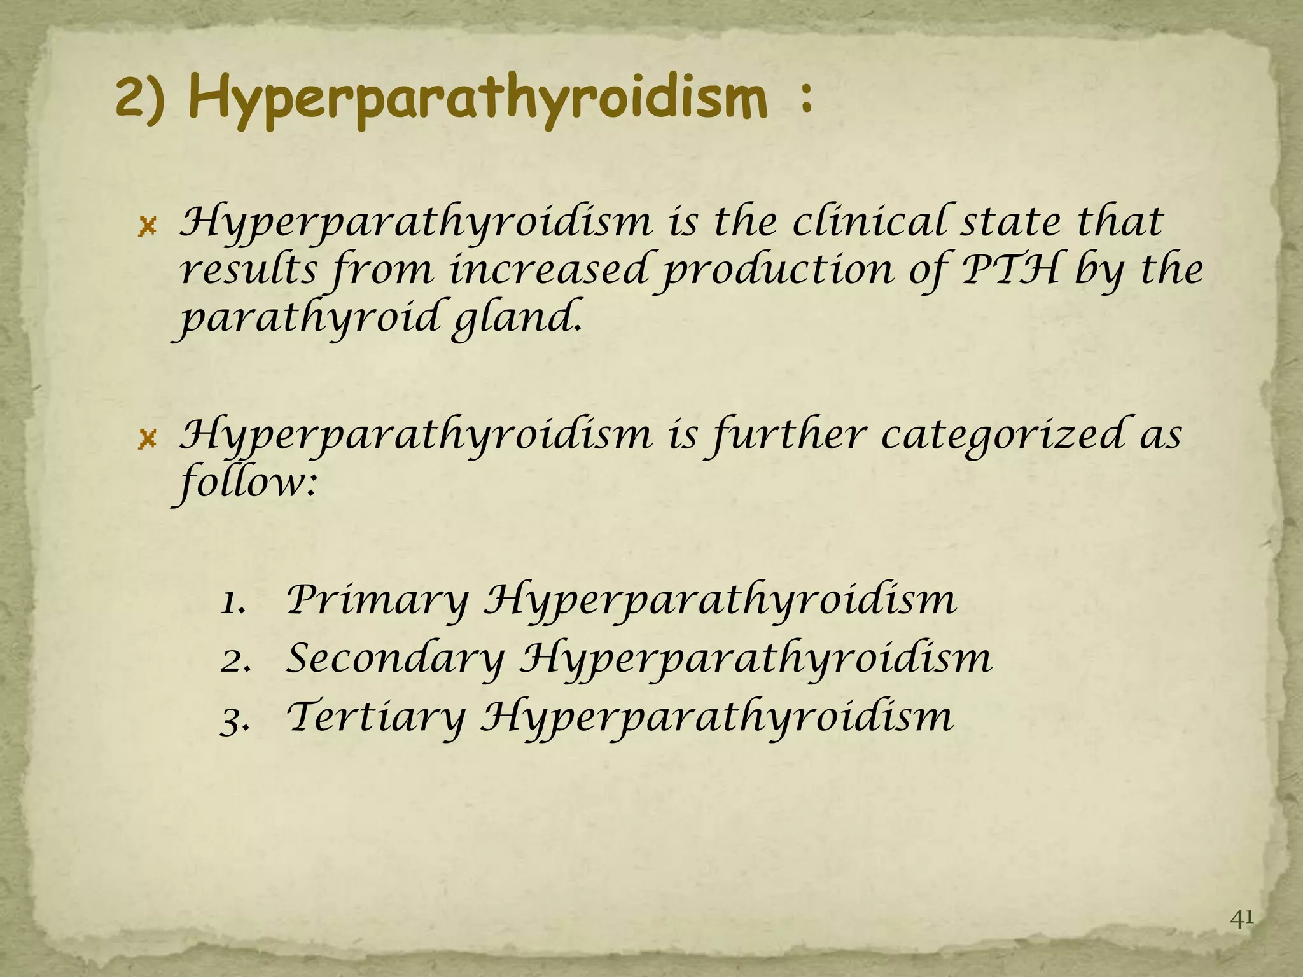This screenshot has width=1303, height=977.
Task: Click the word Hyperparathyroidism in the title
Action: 478,100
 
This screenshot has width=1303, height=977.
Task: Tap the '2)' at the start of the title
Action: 141,100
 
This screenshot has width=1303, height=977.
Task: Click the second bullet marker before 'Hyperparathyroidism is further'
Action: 147,439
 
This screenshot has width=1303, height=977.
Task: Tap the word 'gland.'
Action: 516,318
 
